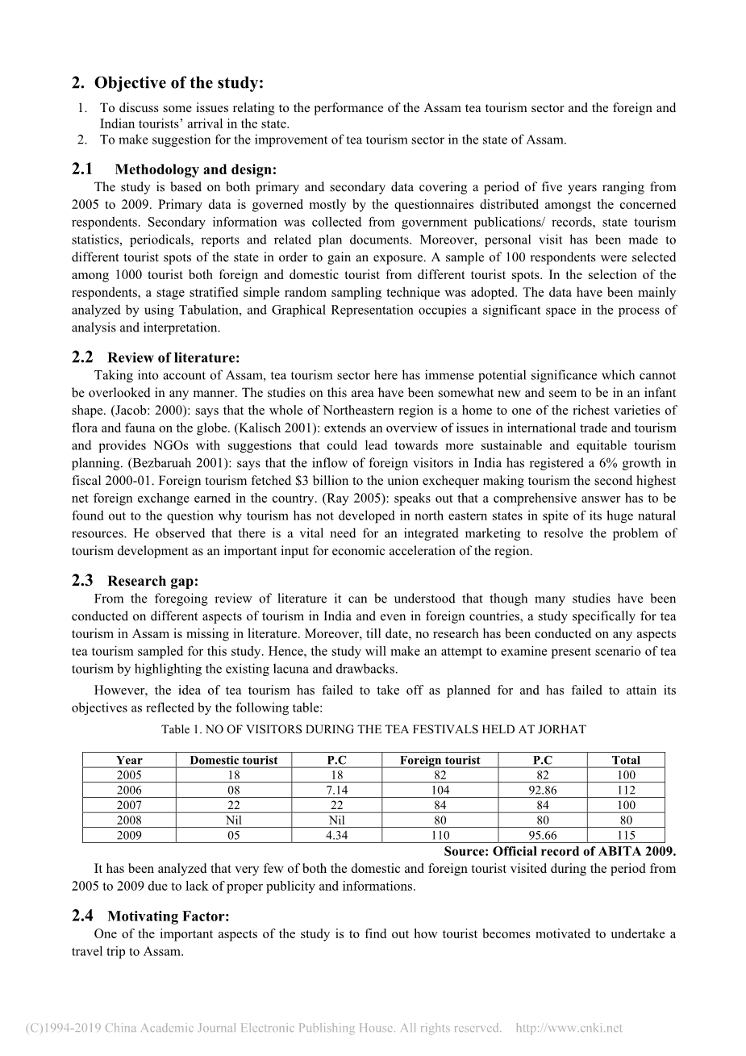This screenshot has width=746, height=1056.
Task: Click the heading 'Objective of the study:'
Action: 178,83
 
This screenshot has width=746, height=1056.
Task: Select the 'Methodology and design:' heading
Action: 195,169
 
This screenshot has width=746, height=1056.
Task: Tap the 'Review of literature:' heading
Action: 173,357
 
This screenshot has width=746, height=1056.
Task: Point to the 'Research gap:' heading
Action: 152,581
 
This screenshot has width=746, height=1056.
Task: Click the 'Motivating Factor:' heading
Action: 169,916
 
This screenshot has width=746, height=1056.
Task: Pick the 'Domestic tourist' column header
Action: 233,760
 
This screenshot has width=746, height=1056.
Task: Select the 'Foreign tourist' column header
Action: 440,760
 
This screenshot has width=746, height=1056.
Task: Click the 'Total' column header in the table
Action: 626,760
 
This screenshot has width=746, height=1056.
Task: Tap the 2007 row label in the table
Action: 129,805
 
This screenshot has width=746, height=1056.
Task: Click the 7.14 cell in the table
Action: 336,790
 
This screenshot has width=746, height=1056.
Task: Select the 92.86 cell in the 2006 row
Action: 543,790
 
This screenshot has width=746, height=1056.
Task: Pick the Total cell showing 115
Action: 626,835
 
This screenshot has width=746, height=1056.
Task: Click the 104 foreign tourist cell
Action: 440,790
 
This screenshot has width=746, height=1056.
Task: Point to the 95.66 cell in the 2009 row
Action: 543,835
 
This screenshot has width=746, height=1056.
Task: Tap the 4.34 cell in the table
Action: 336,835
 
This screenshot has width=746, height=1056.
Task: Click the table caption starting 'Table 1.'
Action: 373,729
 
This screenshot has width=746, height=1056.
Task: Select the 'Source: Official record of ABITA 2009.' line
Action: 560,852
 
